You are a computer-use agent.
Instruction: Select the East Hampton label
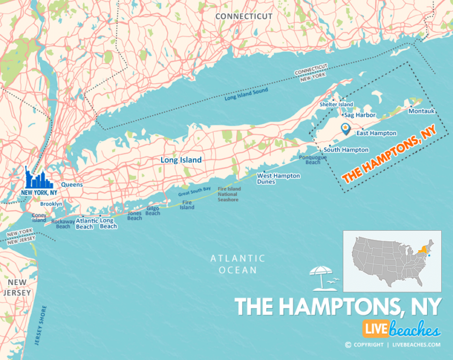pyautogui.click(x=376, y=133)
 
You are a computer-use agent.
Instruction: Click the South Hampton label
pyautogui.click(x=346, y=150)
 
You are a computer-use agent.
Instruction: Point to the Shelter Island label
pyautogui.click(x=336, y=104)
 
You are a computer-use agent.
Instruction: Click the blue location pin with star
pyautogui.click(x=345, y=127)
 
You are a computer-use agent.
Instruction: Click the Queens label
pyautogui.click(x=71, y=184)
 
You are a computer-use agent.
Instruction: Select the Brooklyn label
pyautogui.click(x=51, y=204)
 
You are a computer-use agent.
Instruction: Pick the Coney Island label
pyautogui.click(x=39, y=218)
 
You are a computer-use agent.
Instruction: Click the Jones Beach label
pyautogui.click(x=134, y=215)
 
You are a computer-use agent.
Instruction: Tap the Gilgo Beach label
pyautogui.click(x=153, y=211)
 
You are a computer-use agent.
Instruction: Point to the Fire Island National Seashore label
pyautogui.click(x=228, y=194)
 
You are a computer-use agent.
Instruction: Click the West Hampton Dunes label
pyautogui.click(x=278, y=179)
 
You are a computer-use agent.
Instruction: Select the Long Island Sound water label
pyautogui.click(x=246, y=94)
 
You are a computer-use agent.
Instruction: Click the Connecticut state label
pyautogui.click(x=243, y=16)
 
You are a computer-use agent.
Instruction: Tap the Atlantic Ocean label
pyautogui.click(x=238, y=264)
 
